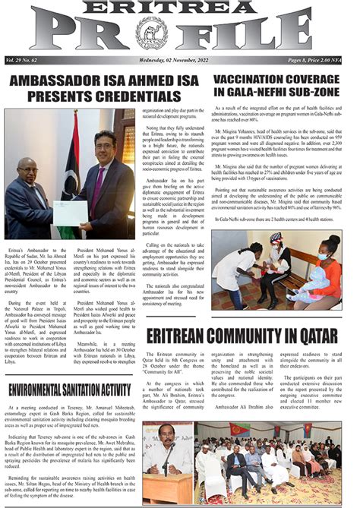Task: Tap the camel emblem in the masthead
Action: click(x=151, y=33)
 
